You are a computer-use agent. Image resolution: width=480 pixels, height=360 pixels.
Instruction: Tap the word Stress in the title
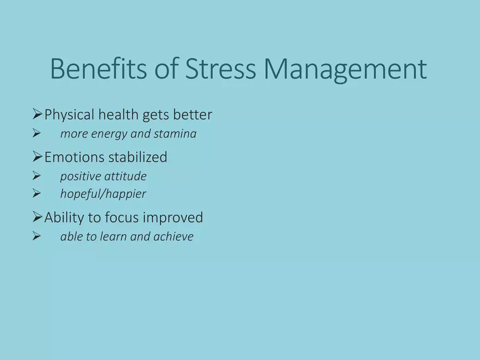220,68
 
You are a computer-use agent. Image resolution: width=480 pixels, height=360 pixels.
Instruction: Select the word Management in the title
345,70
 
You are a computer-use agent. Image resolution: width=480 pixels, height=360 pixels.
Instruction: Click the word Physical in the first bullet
69,115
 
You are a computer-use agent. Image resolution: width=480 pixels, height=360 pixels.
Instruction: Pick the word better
193,115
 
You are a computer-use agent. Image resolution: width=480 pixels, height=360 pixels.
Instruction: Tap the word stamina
175,134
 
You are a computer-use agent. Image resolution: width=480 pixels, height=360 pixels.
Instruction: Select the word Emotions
74,157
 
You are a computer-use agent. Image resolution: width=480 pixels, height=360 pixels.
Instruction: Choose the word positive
81,177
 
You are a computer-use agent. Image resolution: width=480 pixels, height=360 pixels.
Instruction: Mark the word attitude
125,176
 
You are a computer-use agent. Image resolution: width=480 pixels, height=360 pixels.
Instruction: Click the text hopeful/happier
103,194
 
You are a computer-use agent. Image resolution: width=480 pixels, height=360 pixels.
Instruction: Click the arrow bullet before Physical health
37,114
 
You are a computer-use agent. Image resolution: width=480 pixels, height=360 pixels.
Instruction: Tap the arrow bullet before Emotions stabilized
37,157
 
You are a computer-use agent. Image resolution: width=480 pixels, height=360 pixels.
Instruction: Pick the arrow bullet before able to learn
37,236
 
